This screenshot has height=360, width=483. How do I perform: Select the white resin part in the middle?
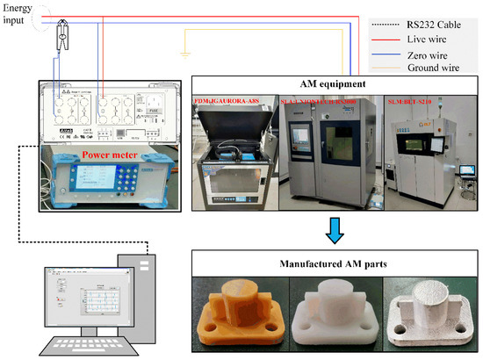point(334,314)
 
